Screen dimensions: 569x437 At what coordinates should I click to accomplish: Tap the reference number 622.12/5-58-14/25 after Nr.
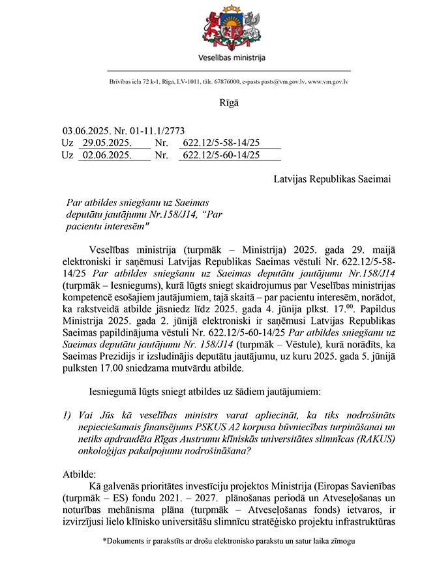[222, 143]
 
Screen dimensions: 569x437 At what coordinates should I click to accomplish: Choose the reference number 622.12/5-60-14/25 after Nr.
[222, 155]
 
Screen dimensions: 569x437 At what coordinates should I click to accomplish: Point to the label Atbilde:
[80, 474]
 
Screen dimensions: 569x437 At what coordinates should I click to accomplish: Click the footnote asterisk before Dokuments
[104, 540]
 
